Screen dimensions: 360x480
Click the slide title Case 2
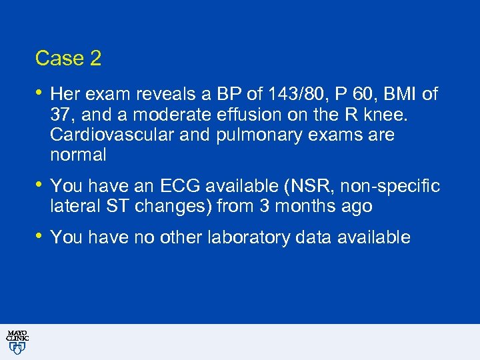coord(68,59)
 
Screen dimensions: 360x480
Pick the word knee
coord(404,114)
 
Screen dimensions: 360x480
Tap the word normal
coord(78,155)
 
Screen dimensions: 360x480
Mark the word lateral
coord(72,207)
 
